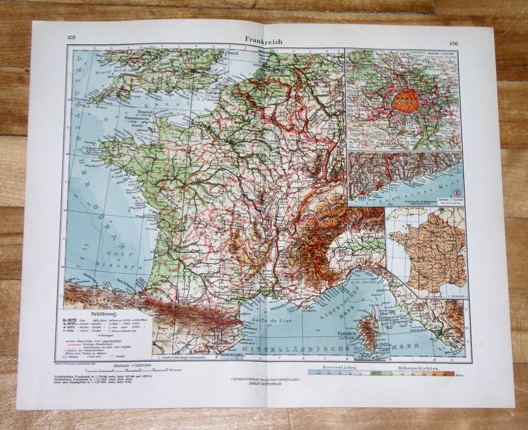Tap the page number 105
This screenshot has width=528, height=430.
71,37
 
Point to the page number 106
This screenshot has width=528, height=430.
453,43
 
